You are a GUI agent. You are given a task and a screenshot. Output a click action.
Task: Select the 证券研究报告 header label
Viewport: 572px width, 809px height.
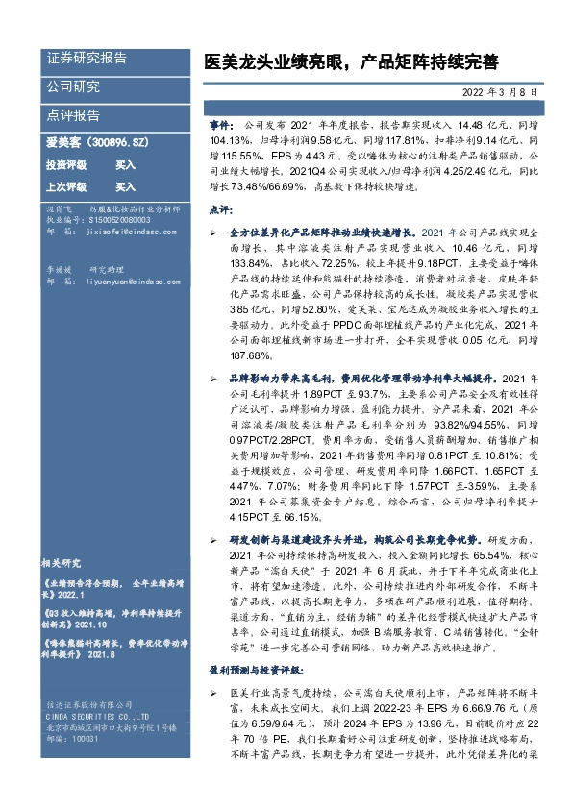click(87, 58)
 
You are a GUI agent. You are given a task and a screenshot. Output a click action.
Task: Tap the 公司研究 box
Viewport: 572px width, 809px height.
click(72, 86)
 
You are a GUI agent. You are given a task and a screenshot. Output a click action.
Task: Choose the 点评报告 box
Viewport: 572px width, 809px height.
click(72, 115)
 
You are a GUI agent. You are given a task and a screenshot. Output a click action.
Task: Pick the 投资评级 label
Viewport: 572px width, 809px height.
click(65, 165)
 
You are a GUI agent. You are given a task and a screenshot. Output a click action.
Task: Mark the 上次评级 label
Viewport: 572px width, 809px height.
click(65, 187)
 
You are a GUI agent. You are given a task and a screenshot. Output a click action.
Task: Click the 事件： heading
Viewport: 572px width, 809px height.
click(220, 126)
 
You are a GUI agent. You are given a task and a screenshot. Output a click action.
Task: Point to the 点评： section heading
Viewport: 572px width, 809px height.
click(219, 208)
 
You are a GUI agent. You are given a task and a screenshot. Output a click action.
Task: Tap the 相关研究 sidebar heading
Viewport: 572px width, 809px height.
click(65, 562)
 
